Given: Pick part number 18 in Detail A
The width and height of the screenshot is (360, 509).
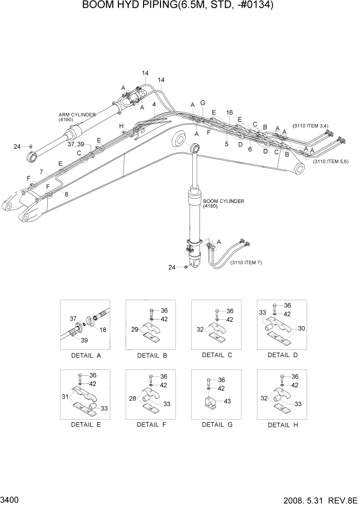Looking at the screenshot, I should pos(103,330).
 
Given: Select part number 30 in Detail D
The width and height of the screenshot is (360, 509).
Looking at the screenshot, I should pos(301,328).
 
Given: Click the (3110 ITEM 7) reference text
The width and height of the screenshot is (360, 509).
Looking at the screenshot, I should pos(246,263).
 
